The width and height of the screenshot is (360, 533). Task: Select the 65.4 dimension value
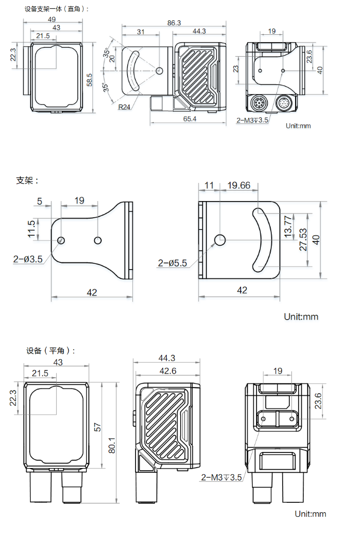pos(190,119)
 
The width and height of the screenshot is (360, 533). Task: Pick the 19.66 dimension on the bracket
pos(238,185)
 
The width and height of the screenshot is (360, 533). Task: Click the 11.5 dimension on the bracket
pos(32,229)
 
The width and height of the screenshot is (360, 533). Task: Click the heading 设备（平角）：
pos(51,351)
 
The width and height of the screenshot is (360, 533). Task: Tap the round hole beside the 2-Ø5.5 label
pos(220,240)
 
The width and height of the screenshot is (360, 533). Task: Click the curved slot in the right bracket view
pos(264,239)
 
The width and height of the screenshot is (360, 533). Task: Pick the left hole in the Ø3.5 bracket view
pos(61,240)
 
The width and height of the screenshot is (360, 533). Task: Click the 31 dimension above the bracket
pos(141,32)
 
